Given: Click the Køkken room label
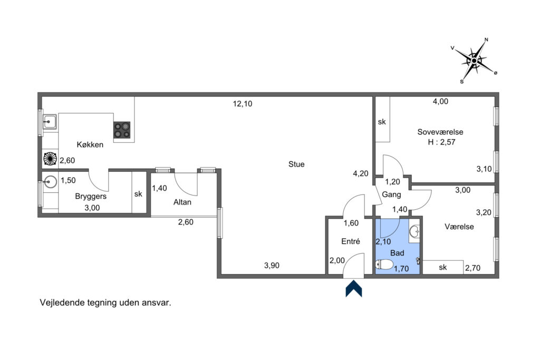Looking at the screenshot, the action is pos(90,144).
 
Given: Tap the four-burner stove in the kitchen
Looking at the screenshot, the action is pos(122,130).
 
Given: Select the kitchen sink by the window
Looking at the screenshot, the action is pos(50,122).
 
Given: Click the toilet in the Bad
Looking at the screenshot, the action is pos(384,265).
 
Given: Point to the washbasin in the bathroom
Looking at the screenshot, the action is pos(414,231).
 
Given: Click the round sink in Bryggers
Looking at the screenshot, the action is pos(51,182).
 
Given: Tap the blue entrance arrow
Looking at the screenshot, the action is pos(354,289).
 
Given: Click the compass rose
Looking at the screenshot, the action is pos(474,61).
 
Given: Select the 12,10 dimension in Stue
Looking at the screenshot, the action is pos(243,104).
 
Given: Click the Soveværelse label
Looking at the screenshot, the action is pos(440,132).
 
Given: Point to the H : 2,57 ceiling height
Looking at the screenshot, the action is pos(441,142).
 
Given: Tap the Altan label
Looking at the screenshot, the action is pos(182,202).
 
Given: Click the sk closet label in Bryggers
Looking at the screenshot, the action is pos(138,194).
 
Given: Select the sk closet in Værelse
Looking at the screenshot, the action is pos(443,267).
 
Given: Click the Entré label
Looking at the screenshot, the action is pos(351,241).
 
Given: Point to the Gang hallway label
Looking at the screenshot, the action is pos(392,195).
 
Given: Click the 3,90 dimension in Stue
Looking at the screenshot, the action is pos(272,265).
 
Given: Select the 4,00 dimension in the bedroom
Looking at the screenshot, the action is pos(440,101).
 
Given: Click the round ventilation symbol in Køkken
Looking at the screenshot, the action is pos(50,159).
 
